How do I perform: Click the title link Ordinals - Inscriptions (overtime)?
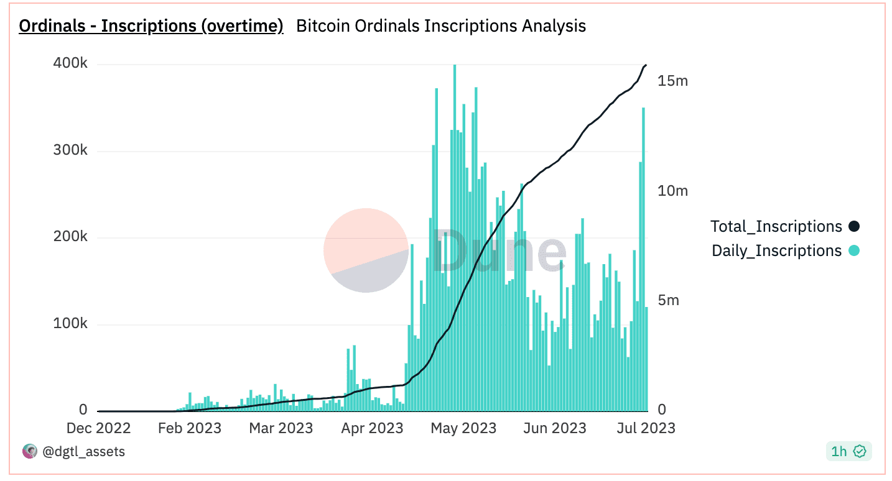coord(151,26)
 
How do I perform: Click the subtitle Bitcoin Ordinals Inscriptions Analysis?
coord(441,26)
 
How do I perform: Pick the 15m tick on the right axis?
coord(673,81)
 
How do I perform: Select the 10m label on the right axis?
coord(673,191)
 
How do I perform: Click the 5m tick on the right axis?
coord(669,300)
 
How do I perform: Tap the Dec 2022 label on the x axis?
coord(98,428)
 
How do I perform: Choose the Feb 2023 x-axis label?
coord(189,428)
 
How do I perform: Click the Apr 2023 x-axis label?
coord(371,428)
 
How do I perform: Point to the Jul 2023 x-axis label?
coord(645,428)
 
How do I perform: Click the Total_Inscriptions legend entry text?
coord(776,227)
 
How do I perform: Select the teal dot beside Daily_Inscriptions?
coord(853,251)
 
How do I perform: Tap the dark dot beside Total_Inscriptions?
coord(853,227)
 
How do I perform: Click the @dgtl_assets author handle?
coord(83,452)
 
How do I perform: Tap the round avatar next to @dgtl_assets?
coord(29,452)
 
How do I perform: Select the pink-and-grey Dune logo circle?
coord(366,250)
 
